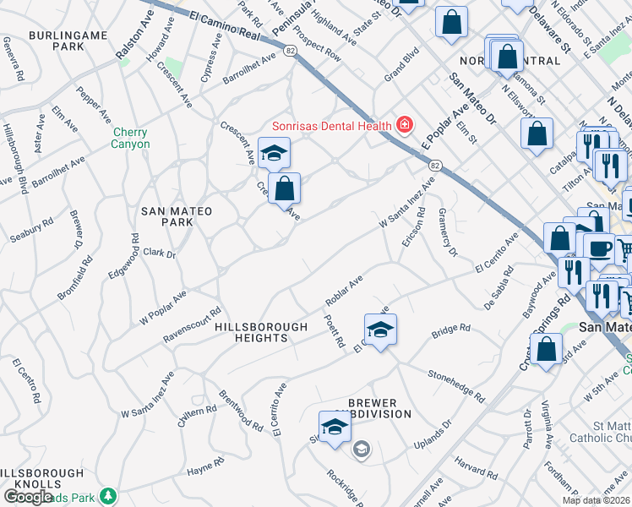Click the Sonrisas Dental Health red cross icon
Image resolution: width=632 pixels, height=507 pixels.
405,126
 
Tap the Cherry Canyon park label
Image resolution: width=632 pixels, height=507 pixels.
129,139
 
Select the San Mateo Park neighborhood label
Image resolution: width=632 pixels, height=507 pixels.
177,216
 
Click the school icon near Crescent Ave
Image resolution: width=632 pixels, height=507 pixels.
274,154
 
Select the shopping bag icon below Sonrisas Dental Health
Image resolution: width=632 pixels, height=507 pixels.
285,189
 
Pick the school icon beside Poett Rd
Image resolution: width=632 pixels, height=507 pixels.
380,330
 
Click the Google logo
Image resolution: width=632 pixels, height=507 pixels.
29,496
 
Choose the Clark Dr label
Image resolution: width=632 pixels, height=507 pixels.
159,253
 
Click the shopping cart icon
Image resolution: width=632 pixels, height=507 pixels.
624,250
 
